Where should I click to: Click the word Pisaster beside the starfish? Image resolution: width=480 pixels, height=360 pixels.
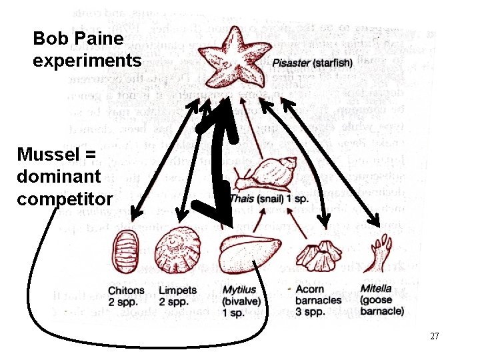pyautogui.click(x=291, y=63)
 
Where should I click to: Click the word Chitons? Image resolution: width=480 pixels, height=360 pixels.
pyautogui.click(x=126, y=291)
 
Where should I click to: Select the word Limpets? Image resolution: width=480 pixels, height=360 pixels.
pyautogui.click(x=178, y=291)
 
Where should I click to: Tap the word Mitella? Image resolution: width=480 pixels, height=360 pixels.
pyautogui.click(x=376, y=289)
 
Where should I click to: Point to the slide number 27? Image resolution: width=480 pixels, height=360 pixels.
pyautogui.click(x=434, y=336)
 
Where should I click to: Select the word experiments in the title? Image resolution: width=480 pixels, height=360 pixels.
pyautogui.click(x=87, y=61)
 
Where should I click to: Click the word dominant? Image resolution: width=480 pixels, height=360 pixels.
pyautogui.click(x=59, y=177)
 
